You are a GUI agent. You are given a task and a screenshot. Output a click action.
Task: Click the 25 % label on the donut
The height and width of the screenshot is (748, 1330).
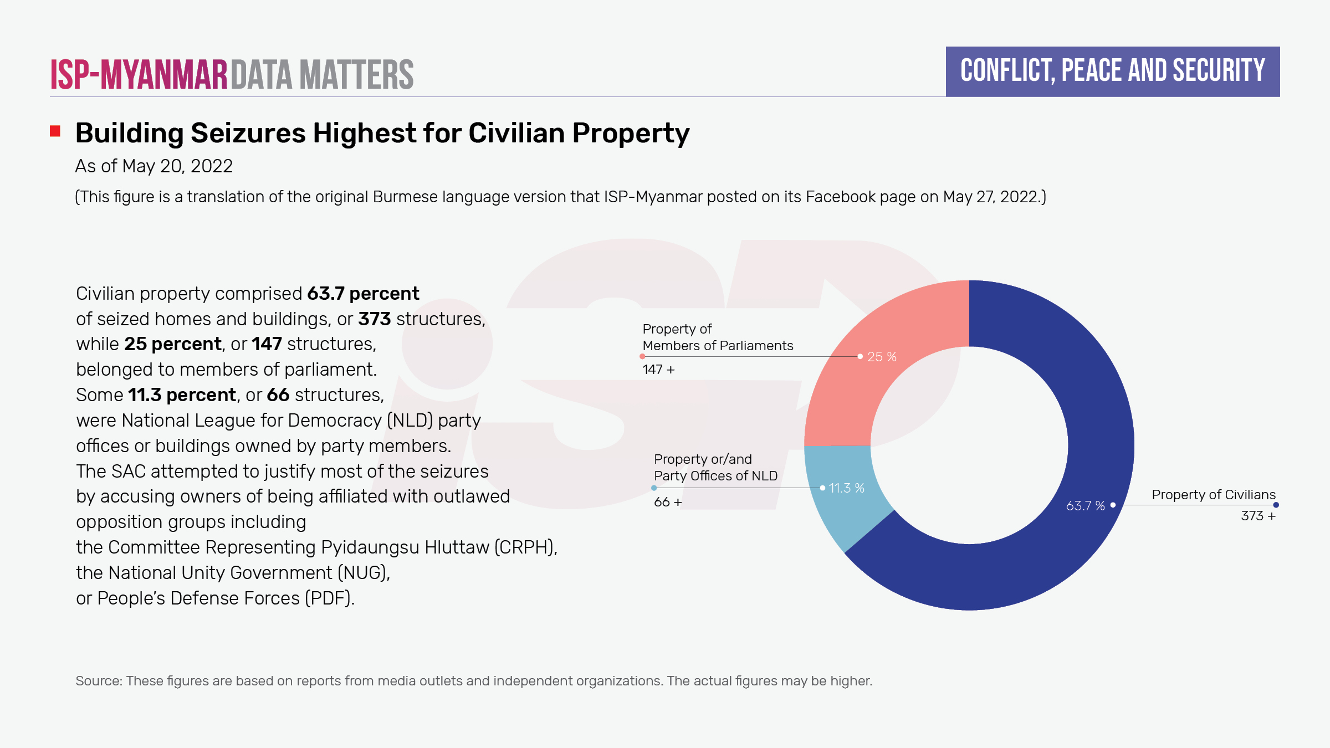coord(882,357)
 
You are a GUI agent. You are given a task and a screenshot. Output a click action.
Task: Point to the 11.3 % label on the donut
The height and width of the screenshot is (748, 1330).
coord(846,488)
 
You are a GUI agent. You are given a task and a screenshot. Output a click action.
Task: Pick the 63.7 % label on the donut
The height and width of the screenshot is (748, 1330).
coord(1085,506)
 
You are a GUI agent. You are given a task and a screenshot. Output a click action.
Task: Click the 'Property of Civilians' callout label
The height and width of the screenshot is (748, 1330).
coord(1213,495)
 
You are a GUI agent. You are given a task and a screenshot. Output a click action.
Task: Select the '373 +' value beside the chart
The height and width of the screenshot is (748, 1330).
coord(1258,516)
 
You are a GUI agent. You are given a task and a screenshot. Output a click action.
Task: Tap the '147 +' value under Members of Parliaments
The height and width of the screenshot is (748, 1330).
coord(658,370)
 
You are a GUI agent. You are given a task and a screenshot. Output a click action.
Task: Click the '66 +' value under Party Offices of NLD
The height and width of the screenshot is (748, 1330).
coord(668,502)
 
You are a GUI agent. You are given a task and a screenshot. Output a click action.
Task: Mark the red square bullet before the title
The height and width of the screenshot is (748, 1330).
coord(55,131)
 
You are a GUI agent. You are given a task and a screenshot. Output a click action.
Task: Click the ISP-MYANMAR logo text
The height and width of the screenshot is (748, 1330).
coord(139,75)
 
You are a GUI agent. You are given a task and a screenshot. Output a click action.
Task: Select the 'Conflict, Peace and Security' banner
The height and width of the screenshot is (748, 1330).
coord(1112,71)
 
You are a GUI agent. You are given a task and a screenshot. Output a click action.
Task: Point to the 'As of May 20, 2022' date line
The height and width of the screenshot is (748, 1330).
coord(154,166)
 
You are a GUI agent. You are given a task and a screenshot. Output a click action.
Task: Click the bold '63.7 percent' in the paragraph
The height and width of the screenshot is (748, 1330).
coord(363,294)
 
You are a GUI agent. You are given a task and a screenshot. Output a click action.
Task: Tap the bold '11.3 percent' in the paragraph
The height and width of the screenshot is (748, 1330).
coord(182,395)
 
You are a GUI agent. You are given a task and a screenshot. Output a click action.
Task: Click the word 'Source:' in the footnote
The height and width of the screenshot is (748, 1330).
coord(98,681)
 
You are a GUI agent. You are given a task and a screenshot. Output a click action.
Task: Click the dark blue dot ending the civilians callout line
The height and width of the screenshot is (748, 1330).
coord(1276,505)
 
